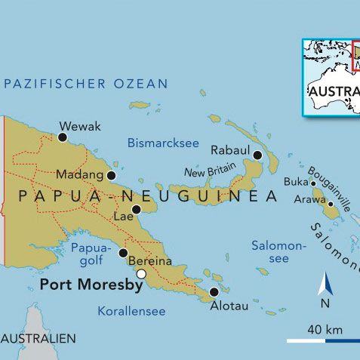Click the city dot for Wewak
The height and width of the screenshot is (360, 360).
tap(63, 137)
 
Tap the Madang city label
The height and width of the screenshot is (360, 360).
tap(79, 175)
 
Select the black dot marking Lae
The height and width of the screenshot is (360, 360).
tap(136, 209)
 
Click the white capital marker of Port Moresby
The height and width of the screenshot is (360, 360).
tap(141, 274)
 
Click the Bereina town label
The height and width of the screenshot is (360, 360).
tap(150, 261)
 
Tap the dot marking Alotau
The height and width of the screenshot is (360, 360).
tap(214, 291)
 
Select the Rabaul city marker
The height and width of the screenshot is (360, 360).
tap(257, 155)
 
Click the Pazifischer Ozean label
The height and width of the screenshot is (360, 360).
tap(85, 84)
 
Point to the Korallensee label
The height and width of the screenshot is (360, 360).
tap(131, 311)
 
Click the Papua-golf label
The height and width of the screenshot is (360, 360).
tap(91, 254)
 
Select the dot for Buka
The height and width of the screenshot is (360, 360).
tap(313, 183)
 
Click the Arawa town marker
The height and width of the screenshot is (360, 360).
tap(330, 204)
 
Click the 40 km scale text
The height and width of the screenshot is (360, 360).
tap(325, 329)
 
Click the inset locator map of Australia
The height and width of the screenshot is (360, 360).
tap(331, 78)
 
